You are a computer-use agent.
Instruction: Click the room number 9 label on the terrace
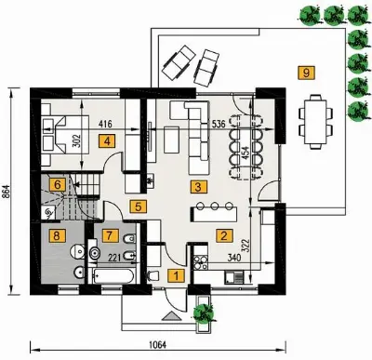pos(306,73)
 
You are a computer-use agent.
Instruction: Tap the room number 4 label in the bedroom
pos(107,141)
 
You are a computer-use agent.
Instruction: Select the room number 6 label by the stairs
pos(58,185)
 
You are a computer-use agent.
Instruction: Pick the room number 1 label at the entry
pos(176,275)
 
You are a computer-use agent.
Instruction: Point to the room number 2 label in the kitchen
pos(223,235)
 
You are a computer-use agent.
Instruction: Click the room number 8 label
pos(56,235)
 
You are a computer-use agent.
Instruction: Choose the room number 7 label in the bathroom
pos(109,235)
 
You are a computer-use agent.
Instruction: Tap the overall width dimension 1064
pos(157,345)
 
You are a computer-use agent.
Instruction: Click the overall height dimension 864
pos(7,193)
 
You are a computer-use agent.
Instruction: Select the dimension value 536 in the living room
pos(219,124)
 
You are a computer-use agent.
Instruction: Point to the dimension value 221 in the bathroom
pos(114,257)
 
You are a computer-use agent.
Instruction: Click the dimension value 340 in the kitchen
pos(234,257)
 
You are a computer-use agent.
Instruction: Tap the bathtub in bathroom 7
pos(113,275)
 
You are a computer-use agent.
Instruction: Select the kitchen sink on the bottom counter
pos(233,277)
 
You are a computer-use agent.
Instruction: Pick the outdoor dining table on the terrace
pos(315,122)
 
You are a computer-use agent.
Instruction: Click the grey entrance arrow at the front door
pos(171,316)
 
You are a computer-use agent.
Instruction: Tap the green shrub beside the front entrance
pos(204,313)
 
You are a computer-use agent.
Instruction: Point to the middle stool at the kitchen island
pos(215,206)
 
